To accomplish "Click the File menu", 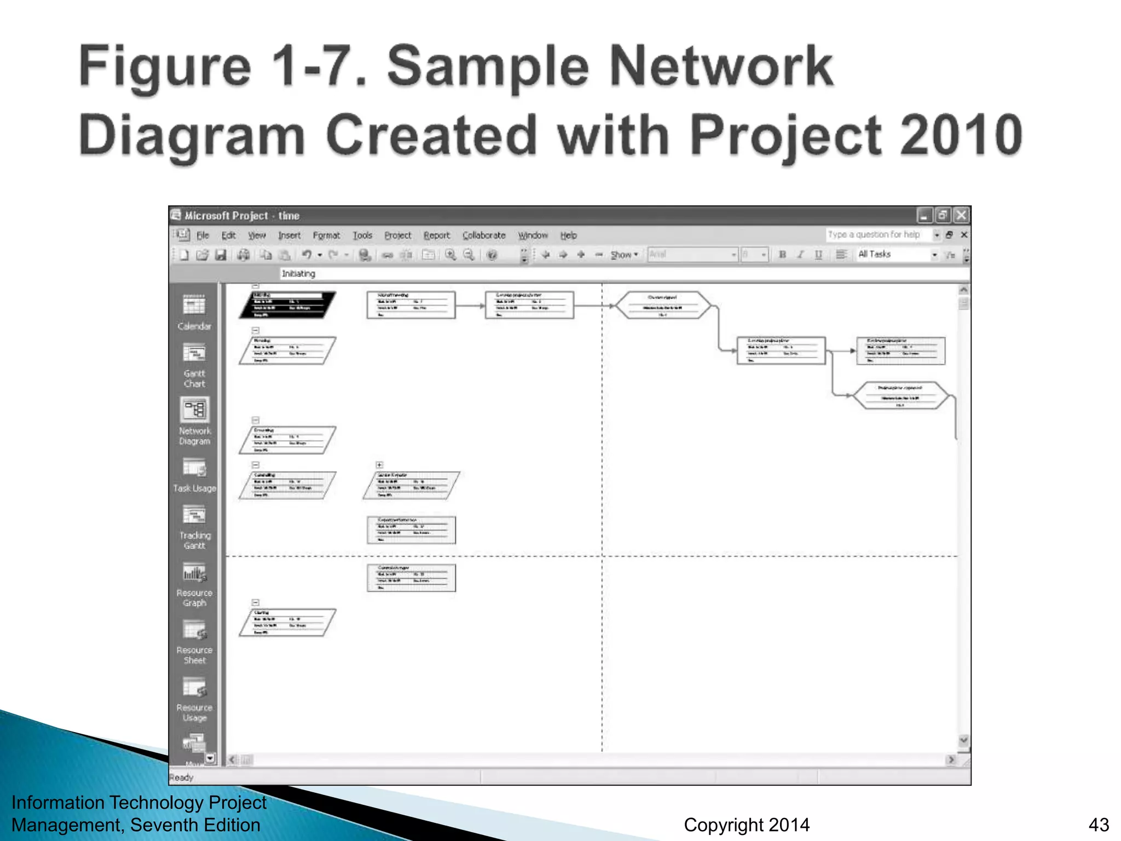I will (x=203, y=235).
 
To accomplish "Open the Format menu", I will (x=326, y=235).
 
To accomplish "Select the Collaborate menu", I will (x=484, y=235).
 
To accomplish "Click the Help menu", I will (x=568, y=235).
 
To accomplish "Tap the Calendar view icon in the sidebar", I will (x=194, y=306).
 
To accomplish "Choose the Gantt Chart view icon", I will (x=194, y=354).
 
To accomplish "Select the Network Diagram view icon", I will (x=194, y=410).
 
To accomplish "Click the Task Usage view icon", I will (x=194, y=468).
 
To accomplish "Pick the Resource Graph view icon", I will (x=194, y=573).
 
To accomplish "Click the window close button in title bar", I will (x=961, y=216).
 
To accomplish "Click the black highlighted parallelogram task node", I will (x=287, y=305).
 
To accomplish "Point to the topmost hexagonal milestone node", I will (x=663, y=306).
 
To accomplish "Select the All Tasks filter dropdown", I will (x=897, y=255).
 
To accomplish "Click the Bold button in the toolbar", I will (x=782, y=255).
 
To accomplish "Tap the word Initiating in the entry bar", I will (x=298, y=274).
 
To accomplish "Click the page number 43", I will (x=1099, y=825).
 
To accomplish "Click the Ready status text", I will (x=181, y=777).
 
